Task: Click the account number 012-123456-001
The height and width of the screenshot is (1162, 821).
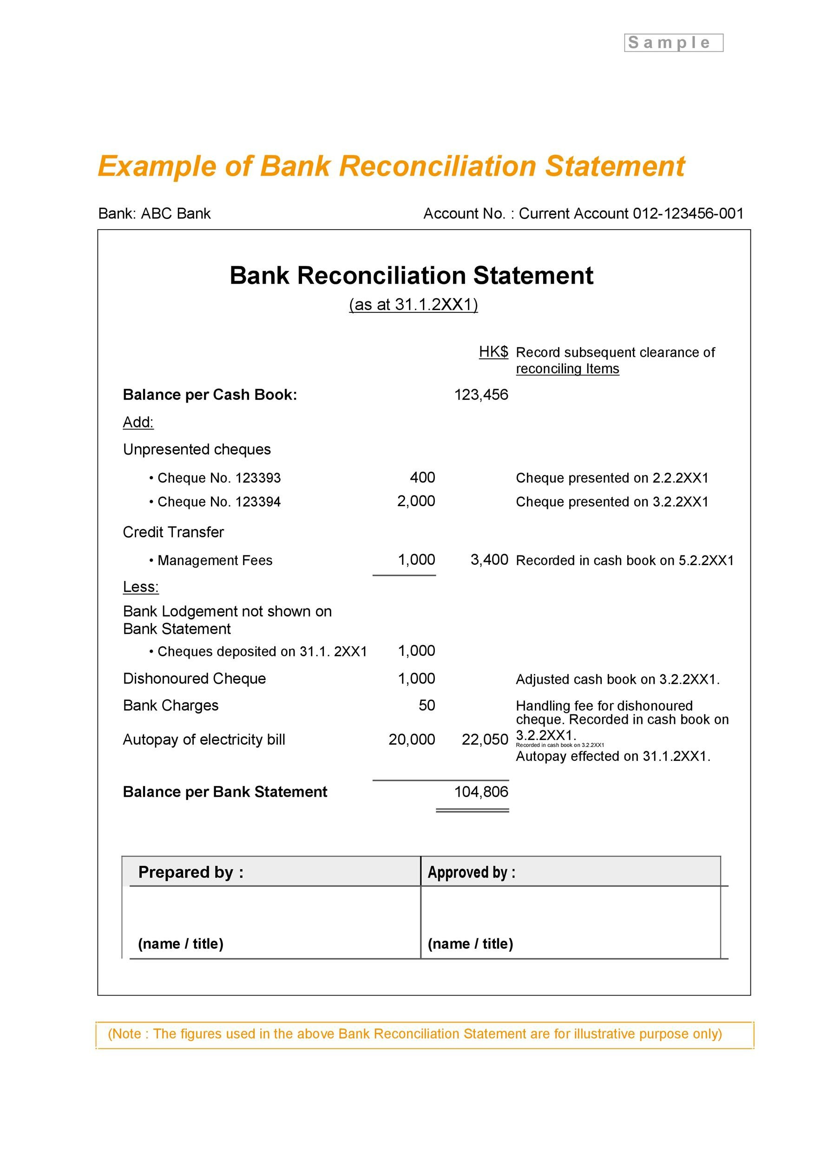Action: (x=688, y=213)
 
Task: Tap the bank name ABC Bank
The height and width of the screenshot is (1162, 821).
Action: (x=175, y=213)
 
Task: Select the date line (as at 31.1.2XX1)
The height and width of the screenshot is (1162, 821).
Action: (x=413, y=304)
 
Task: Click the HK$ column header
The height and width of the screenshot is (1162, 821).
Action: (x=493, y=352)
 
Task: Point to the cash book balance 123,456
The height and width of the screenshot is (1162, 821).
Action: (x=480, y=395)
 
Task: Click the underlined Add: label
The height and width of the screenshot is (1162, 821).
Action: (x=138, y=422)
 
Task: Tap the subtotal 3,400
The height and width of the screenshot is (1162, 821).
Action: (x=489, y=560)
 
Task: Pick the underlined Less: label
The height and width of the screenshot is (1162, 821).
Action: (x=141, y=587)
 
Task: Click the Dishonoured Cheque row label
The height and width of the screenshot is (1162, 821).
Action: (x=194, y=679)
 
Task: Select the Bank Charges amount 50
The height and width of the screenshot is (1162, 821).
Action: (x=427, y=706)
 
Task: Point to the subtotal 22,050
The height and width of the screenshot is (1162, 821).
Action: (x=484, y=739)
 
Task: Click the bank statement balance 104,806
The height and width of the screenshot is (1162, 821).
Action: (x=480, y=792)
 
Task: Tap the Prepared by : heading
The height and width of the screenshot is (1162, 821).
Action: (x=190, y=872)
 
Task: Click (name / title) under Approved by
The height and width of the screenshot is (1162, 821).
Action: (x=470, y=944)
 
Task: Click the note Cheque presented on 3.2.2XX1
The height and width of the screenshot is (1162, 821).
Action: (x=611, y=502)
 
